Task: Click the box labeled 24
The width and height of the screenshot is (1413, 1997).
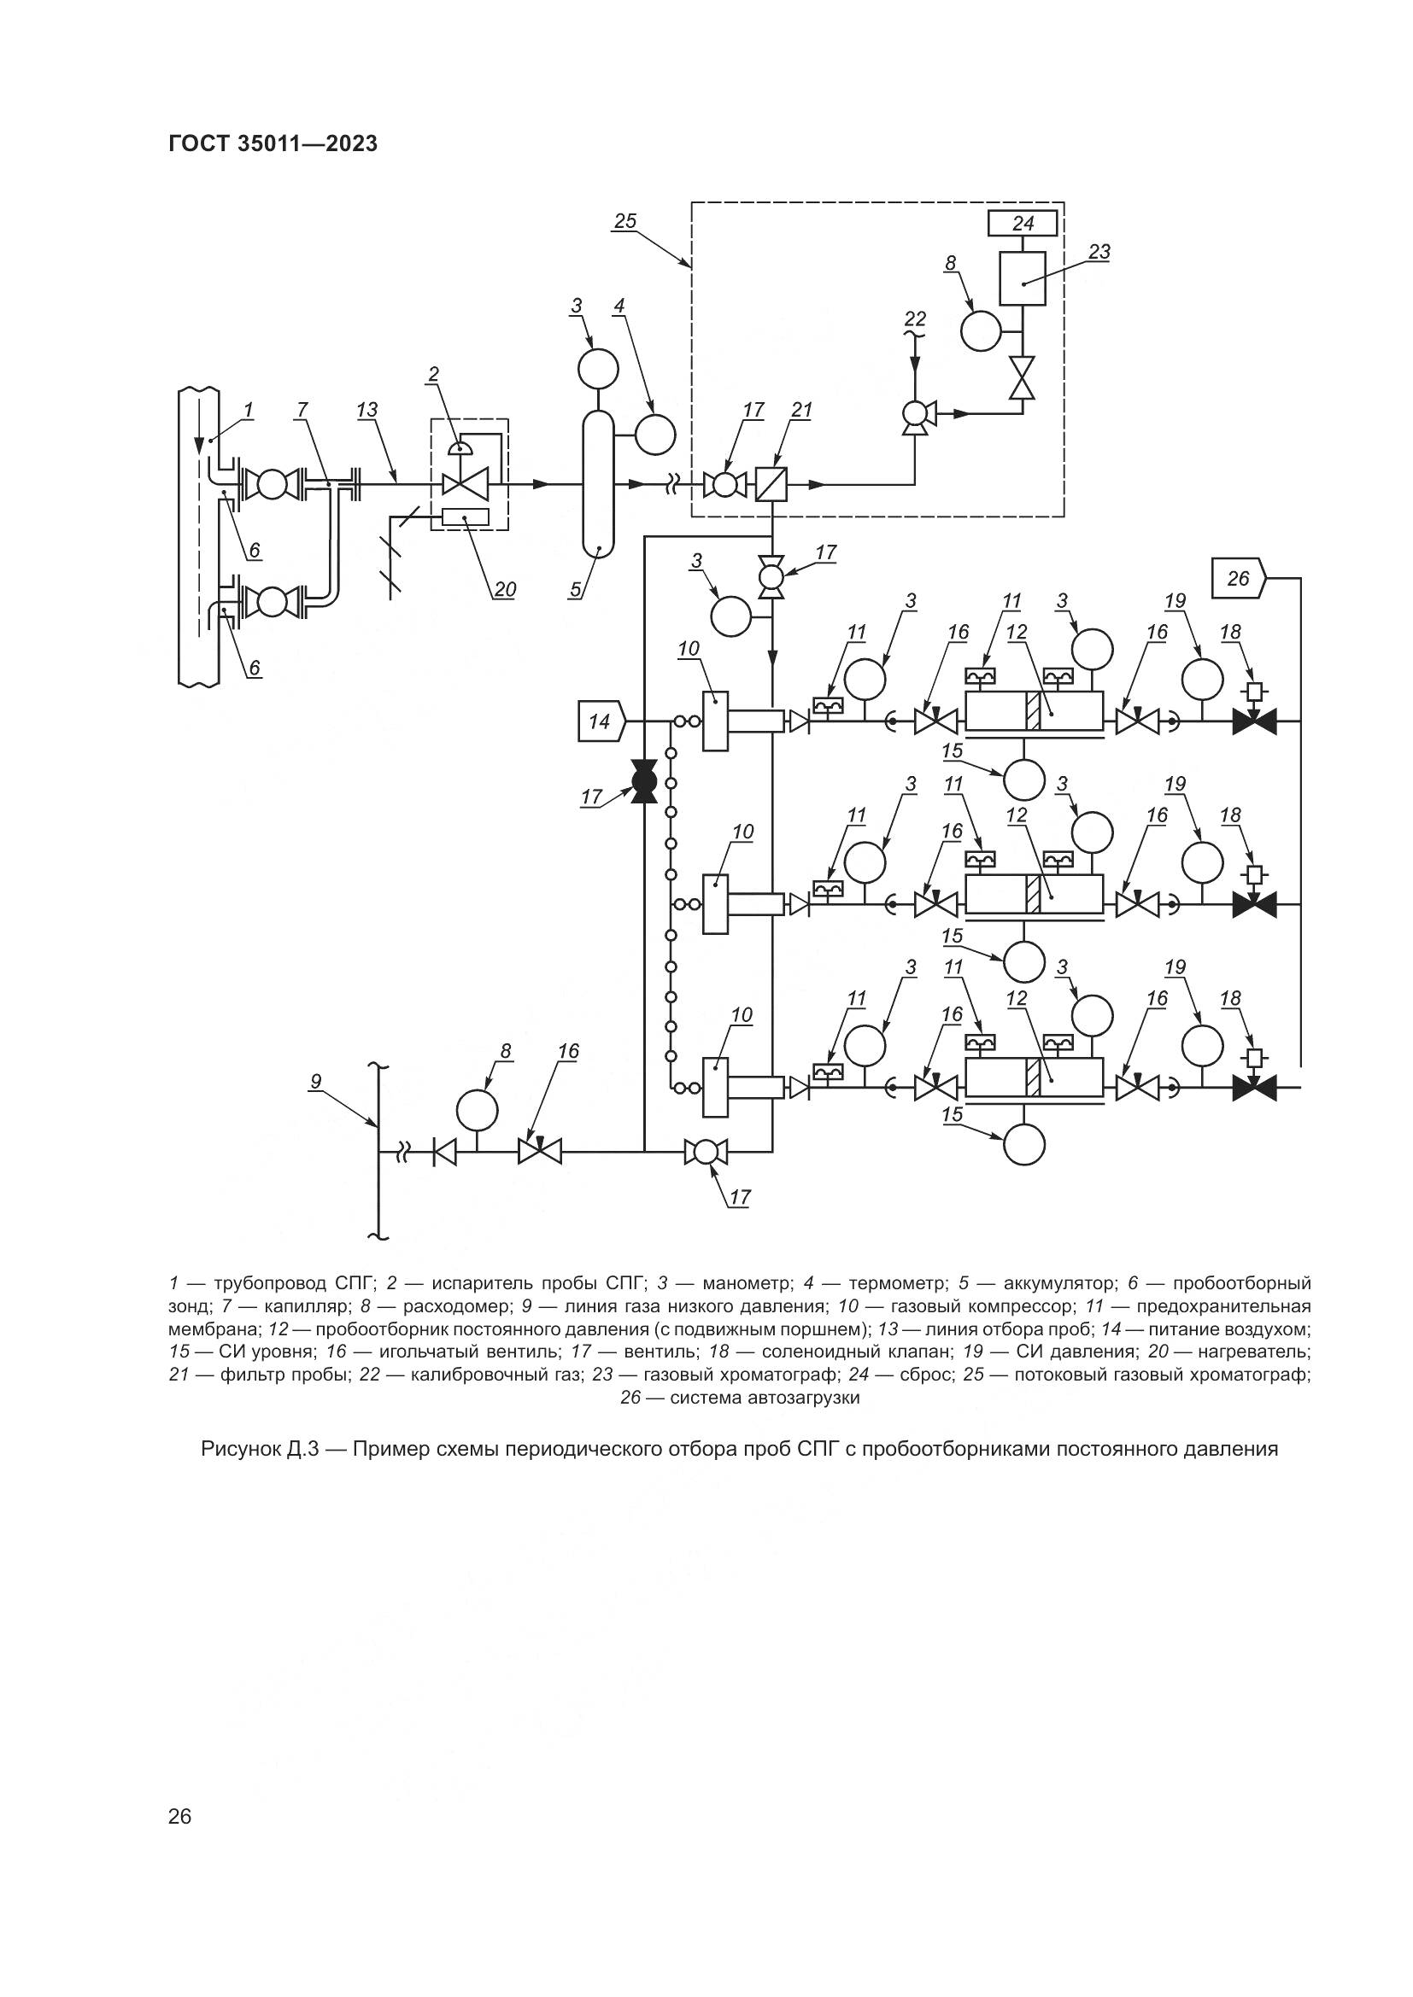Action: tap(1023, 224)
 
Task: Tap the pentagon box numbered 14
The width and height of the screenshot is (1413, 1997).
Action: tap(601, 721)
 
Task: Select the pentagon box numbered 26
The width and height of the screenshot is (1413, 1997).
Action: tap(1238, 578)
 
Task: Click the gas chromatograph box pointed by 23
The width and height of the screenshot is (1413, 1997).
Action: tap(1023, 278)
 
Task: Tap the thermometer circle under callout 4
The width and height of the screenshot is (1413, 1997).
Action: tap(654, 434)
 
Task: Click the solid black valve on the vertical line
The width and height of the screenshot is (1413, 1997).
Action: tap(644, 782)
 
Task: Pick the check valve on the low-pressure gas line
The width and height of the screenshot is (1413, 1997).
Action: tap(444, 1153)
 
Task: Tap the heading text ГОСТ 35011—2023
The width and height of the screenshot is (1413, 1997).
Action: tap(273, 144)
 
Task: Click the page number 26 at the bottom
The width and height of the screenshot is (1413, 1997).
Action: tap(180, 1792)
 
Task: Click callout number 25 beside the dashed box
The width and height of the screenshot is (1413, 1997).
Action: tap(624, 222)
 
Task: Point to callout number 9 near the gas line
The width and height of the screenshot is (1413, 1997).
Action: tap(316, 1082)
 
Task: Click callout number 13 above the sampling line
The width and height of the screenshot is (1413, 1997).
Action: tap(367, 410)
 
